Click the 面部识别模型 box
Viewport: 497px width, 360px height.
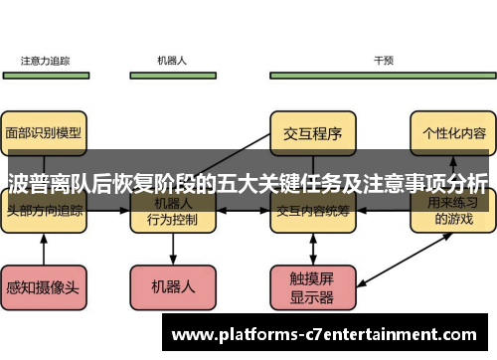45,131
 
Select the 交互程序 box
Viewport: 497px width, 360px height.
313,131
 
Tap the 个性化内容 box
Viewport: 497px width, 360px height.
453,131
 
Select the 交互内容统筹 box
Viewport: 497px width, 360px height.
313,212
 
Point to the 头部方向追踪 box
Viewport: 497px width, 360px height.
45,212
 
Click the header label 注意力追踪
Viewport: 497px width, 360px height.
45,60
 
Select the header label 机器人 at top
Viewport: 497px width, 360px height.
172,60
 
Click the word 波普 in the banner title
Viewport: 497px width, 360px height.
30,182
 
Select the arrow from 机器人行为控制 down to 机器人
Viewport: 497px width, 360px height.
173,251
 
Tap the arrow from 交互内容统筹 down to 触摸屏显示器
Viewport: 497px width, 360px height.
313,249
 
